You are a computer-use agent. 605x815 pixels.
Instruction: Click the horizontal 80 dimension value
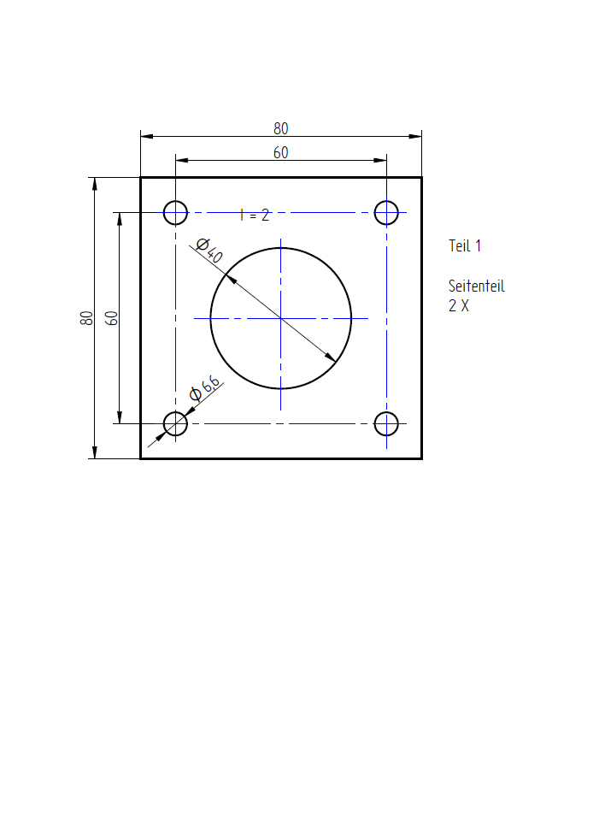[281, 128]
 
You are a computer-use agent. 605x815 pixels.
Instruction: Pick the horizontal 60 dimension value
[281, 152]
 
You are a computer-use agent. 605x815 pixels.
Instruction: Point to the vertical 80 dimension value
[86, 318]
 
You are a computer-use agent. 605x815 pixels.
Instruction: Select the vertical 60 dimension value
[111, 318]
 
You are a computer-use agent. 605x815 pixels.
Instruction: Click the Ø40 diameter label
[209, 250]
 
